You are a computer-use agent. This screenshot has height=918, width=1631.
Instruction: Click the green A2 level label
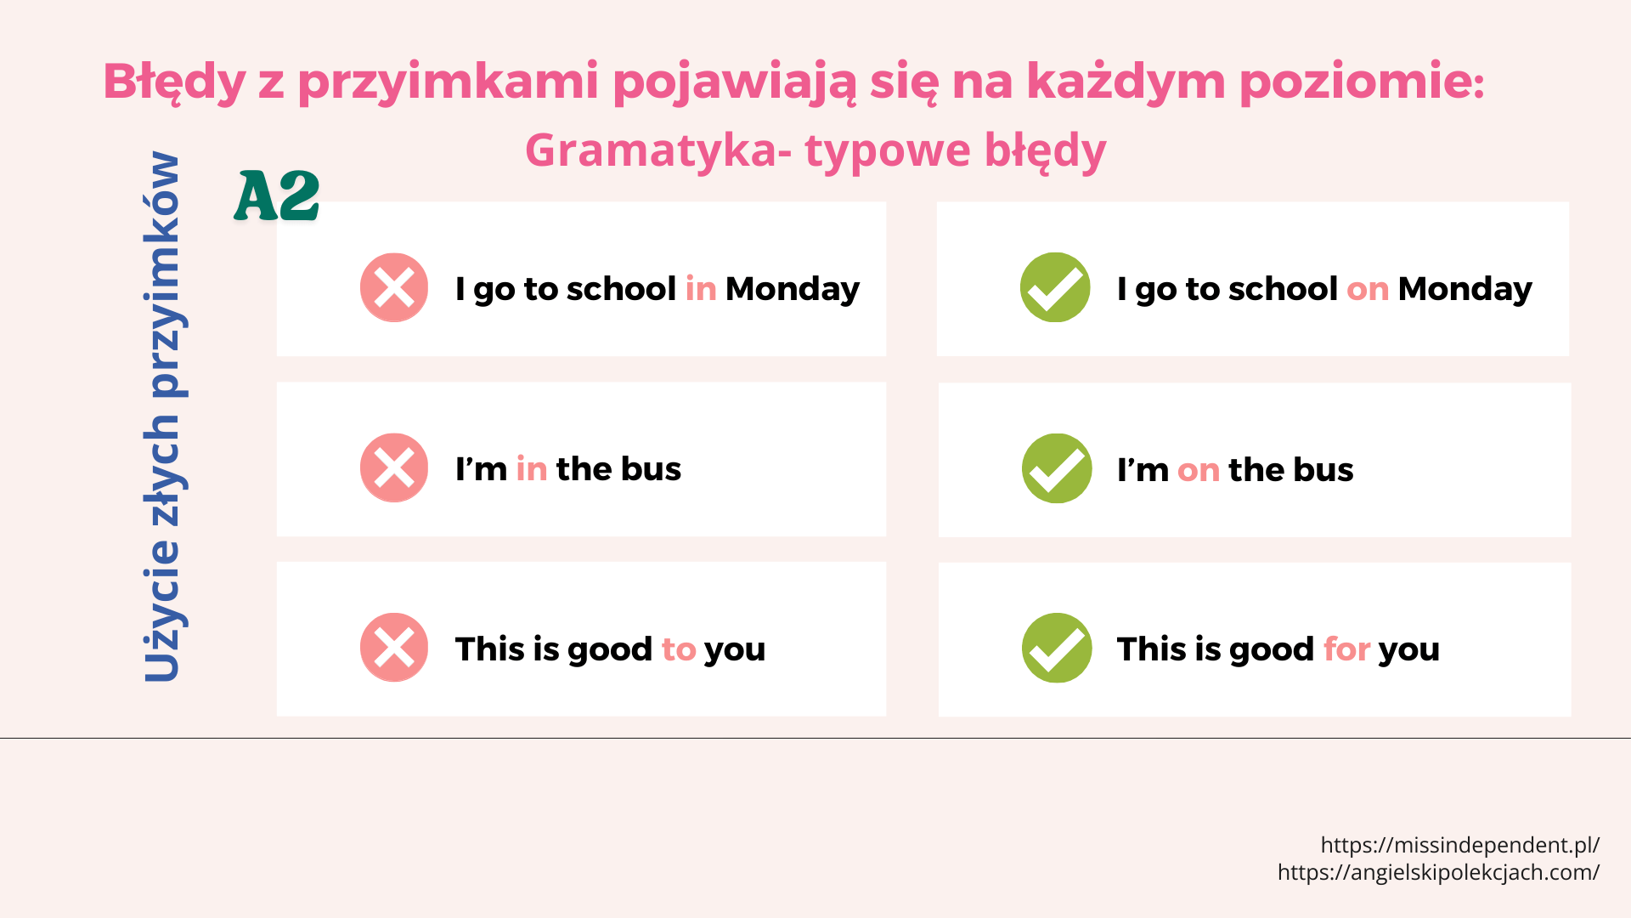click(277, 195)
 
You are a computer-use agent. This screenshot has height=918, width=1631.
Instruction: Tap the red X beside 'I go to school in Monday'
click(394, 287)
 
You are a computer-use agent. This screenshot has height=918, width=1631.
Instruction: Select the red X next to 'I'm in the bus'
click(394, 467)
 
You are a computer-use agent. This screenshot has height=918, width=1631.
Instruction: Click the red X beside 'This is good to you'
click(394, 648)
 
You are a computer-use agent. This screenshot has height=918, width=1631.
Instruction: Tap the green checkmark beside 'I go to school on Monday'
click(1055, 287)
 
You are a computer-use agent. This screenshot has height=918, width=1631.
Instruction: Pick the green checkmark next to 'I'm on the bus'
click(1057, 468)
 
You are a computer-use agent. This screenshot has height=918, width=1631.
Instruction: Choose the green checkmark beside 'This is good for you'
click(1057, 648)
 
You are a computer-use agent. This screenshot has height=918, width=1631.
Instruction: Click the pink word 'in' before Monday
click(701, 289)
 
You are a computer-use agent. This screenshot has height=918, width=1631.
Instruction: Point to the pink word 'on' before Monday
click(1368, 290)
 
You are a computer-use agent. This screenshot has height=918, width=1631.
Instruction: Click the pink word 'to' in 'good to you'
click(679, 649)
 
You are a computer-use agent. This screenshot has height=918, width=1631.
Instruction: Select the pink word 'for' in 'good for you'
click(1347, 649)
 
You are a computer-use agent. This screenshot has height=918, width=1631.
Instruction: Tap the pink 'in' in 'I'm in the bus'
click(532, 469)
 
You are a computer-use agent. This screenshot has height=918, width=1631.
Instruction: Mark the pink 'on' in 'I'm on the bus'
click(1199, 470)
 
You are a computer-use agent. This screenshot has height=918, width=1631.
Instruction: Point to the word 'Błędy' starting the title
click(174, 82)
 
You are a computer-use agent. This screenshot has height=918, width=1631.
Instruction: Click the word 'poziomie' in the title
click(1362, 82)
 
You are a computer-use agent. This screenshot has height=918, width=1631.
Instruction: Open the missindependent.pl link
click(1460, 845)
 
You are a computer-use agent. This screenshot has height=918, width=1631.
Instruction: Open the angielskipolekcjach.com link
click(1439, 872)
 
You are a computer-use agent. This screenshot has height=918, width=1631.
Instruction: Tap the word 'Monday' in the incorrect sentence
click(793, 290)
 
